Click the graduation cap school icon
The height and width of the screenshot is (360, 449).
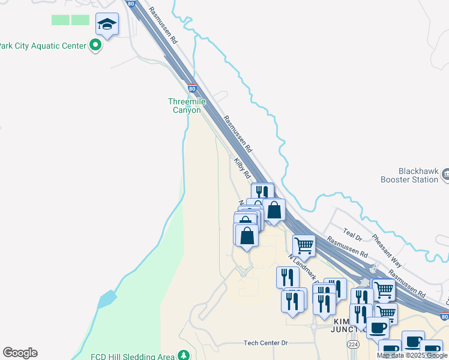107,24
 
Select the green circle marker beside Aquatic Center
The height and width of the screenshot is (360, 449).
95,45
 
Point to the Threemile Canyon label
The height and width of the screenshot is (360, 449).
188,106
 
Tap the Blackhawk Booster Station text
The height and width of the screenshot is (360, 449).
409,175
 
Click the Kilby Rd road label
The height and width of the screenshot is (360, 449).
243,168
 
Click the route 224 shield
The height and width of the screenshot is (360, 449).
352,344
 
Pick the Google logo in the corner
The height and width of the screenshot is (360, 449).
20,353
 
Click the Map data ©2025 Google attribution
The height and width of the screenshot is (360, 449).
412,355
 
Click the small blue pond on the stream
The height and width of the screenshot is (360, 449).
106,299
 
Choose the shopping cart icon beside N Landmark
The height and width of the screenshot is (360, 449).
304,244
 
